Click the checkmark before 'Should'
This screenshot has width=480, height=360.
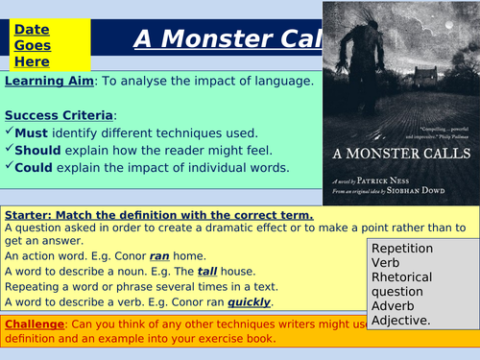click(x=9, y=149)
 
